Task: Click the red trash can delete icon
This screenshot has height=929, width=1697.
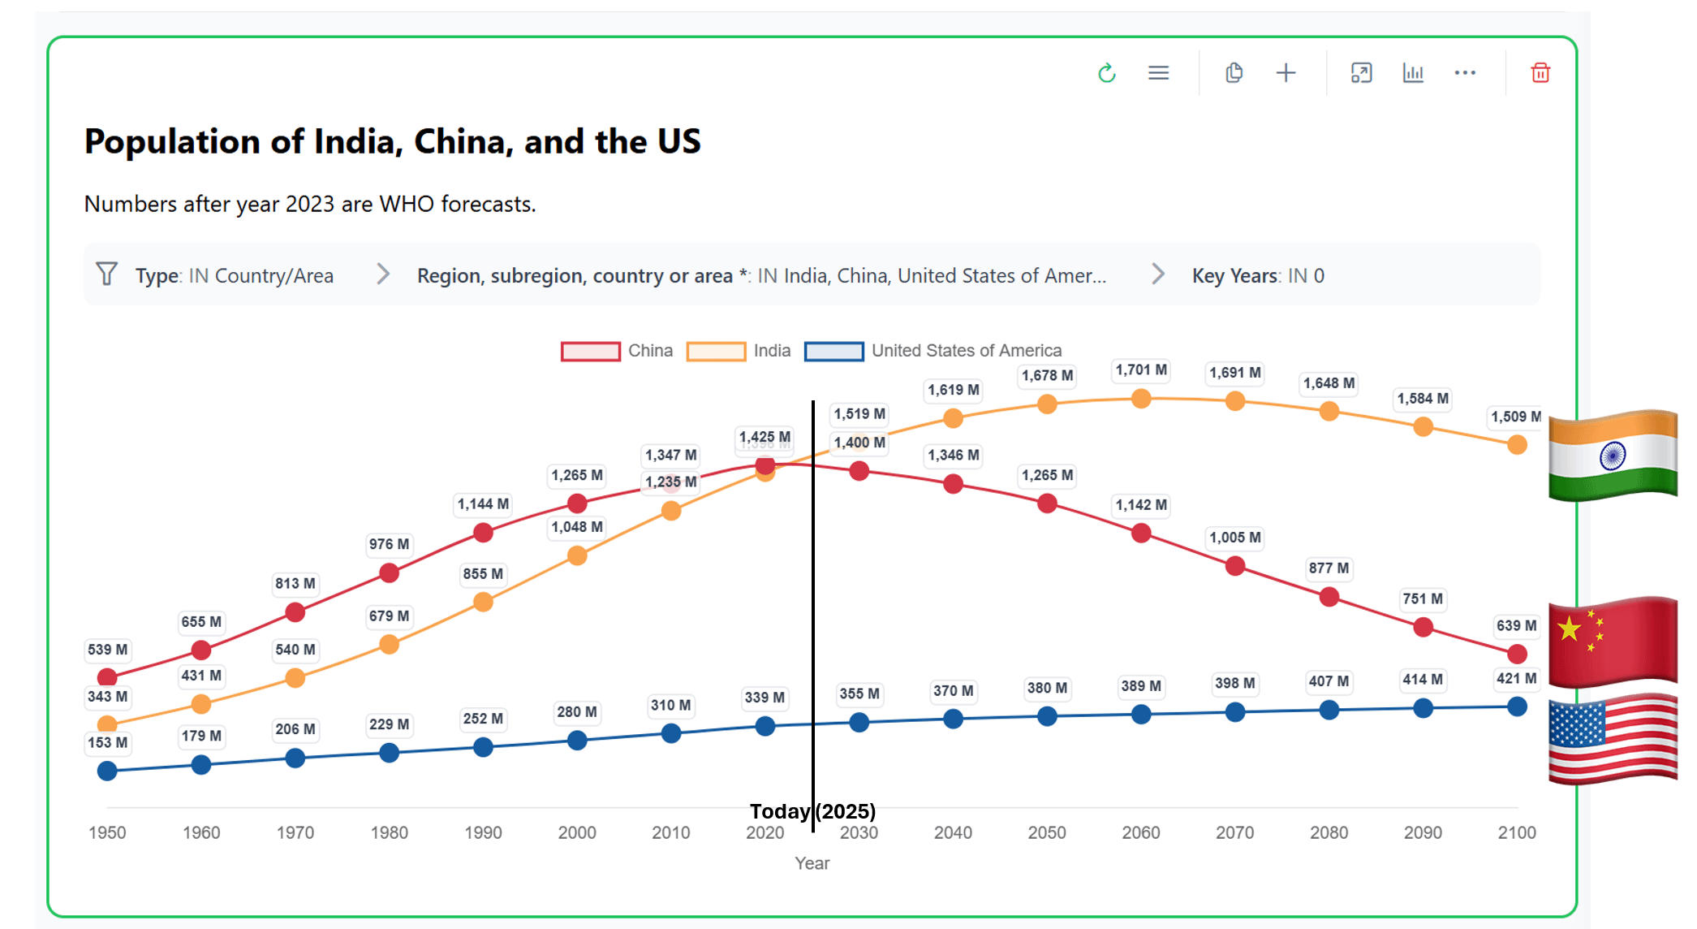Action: click(x=1540, y=73)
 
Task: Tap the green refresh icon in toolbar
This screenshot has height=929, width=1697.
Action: click(x=1106, y=73)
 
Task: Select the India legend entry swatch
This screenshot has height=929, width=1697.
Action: click(x=715, y=351)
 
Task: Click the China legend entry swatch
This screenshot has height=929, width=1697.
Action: click(x=590, y=351)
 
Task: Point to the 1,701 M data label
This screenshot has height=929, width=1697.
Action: click(x=1140, y=370)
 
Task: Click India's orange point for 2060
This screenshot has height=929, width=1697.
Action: click(x=1140, y=399)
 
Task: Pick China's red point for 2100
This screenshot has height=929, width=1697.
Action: click(x=1516, y=654)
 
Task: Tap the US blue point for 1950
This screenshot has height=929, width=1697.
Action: click(x=107, y=771)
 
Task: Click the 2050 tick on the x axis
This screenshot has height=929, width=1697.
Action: click(x=1046, y=832)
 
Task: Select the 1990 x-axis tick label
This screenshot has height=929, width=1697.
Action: click(x=483, y=832)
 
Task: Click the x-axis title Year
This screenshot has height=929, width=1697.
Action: click(x=812, y=863)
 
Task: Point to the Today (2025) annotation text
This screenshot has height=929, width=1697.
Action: click(x=812, y=811)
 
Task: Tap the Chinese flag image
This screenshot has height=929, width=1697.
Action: click(x=1612, y=642)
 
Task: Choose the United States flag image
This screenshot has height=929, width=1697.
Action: click(x=1612, y=739)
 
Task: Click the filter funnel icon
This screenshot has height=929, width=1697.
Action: click(x=106, y=274)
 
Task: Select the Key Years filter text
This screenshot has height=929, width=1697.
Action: click(x=1257, y=276)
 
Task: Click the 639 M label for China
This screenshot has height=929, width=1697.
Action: click(x=1515, y=626)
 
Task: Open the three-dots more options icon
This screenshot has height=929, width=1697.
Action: click(x=1464, y=73)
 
